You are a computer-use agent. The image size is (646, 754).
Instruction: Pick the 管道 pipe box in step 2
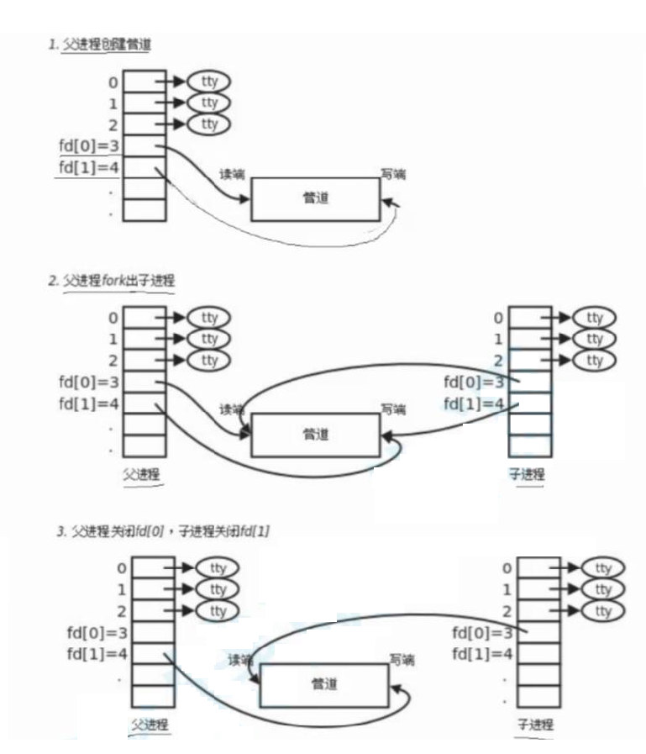click(316, 434)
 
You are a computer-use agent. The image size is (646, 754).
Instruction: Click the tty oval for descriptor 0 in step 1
click(208, 82)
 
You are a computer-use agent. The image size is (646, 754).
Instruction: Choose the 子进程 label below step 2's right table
click(527, 473)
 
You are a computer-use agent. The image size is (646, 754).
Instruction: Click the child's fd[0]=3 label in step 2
click(477, 382)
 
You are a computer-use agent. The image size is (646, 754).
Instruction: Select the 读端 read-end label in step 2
click(232, 409)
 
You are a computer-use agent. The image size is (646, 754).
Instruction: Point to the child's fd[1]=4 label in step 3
click(482, 653)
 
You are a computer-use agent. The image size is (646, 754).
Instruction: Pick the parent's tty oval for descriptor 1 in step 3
click(217, 588)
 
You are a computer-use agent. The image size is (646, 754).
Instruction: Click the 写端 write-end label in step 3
click(402, 660)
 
